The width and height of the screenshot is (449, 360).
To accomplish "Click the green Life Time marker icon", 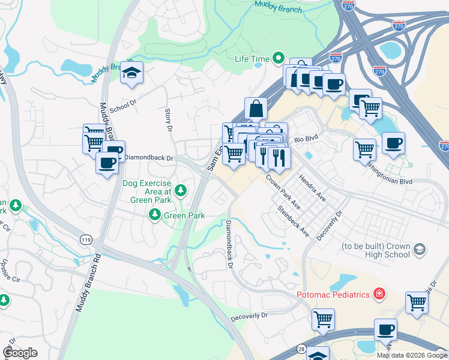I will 278,58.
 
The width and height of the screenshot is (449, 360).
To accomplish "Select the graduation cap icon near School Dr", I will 131,73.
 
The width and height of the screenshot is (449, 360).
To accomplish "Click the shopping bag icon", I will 256,109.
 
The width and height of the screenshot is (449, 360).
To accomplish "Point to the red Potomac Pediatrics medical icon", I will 379,294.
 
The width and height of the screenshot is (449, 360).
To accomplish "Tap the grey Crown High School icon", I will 420,250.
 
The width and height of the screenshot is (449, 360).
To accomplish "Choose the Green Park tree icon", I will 155,214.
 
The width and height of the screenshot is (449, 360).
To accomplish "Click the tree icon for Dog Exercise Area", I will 181,191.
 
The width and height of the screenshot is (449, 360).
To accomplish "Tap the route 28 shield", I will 301,349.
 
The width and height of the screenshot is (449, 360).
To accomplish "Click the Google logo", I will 20,353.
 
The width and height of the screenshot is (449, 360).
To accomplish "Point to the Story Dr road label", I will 169,120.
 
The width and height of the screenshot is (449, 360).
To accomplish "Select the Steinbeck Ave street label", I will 292,221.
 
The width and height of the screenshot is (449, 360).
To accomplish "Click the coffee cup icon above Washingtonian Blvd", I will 393,143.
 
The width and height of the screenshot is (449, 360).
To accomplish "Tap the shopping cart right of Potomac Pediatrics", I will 417,303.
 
